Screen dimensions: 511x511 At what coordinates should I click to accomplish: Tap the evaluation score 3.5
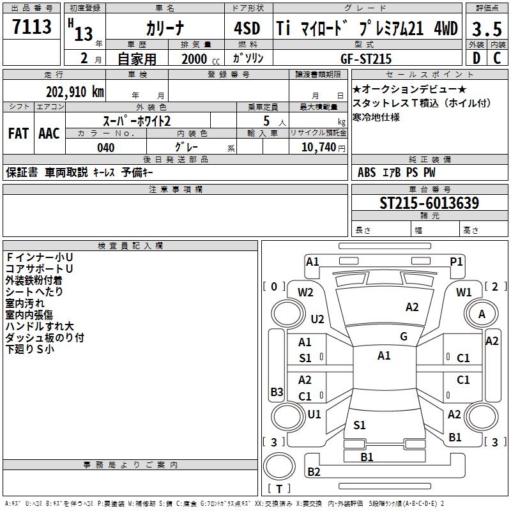coord(487,29)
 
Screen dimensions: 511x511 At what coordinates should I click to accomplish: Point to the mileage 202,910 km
coord(75,91)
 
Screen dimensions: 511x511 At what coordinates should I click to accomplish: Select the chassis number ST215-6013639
coord(429,203)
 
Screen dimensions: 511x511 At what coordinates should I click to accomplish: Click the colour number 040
coord(106,148)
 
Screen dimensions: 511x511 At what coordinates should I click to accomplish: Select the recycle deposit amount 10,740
coord(317,148)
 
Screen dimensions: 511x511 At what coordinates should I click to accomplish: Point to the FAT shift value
coord(18,133)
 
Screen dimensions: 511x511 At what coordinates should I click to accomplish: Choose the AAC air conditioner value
coord(49,133)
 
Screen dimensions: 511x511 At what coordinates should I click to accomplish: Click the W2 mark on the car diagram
coord(305,293)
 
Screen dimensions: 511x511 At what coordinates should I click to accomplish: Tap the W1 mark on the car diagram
coord(464,293)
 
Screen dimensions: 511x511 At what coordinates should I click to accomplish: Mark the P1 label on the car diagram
coord(456,261)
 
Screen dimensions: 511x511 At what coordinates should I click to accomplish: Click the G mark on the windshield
coord(404,337)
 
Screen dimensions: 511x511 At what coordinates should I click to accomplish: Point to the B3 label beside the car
coord(277,392)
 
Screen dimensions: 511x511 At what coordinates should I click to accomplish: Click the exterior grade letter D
coord(476,58)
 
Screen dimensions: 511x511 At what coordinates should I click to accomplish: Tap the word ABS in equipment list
coord(367,172)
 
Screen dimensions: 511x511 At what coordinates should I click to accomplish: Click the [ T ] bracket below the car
coord(278,489)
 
